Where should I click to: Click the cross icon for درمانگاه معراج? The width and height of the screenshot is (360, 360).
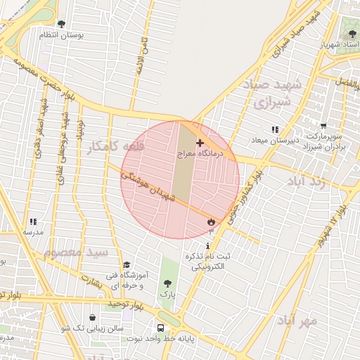tap(199, 143)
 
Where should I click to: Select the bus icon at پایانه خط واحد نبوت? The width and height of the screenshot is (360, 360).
tap(161, 328)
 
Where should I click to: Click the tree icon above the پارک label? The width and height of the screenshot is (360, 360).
tap(167, 283)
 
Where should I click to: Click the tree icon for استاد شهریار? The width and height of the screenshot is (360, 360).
tap(351, 34)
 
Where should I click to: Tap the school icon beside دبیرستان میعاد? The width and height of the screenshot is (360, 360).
tap(275, 129)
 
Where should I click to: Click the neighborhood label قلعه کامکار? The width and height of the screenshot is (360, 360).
tap(115, 147)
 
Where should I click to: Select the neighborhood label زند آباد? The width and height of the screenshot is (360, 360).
tap(307, 181)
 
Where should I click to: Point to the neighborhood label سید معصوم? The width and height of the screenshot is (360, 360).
tap(75, 251)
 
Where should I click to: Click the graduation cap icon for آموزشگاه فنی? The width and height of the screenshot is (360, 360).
tap(127, 265)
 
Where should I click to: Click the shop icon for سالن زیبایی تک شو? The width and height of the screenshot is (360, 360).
tap(94, 317)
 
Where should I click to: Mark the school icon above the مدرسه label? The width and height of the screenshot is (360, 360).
tap(33, 221)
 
